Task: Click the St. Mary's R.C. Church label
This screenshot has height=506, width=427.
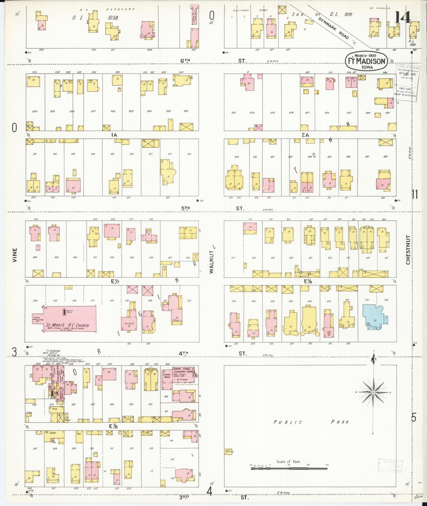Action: click(x=68, y=325)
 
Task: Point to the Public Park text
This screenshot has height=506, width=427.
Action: click(x=311, y=422)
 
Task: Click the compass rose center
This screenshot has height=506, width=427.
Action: click(x=373, y=393)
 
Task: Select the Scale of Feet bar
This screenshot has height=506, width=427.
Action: click(x=289, y=469)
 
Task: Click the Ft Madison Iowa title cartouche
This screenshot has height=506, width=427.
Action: click(x=366, y=61)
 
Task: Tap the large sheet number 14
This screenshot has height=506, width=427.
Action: click(x=403, y=18)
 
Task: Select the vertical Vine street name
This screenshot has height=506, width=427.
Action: click(x=15, y=255)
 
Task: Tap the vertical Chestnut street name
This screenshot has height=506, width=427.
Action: click(x=408, y=250)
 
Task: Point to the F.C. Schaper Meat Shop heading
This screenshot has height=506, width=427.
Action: click(x=52, y=354)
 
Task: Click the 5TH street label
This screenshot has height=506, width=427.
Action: click(x=186, y=208)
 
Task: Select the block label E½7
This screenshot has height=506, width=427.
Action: click(x=116, y=281)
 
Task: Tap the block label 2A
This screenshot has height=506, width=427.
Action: click(x=305, y=135)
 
